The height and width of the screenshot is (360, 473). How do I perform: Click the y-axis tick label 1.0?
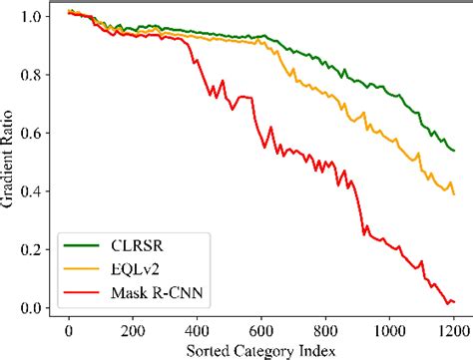33,17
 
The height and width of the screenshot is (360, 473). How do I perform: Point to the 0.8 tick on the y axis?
33,75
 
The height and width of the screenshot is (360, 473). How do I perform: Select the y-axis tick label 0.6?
33,133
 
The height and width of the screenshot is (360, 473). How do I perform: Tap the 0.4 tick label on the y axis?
33,191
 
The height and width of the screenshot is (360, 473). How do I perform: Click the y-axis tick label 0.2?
33,249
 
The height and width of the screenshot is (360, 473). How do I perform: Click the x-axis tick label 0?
68,328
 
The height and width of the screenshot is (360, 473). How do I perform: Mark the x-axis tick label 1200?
452,328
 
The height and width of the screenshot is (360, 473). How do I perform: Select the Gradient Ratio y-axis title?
9,160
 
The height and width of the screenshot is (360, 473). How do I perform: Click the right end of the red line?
454,301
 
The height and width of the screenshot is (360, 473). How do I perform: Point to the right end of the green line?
454,151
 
